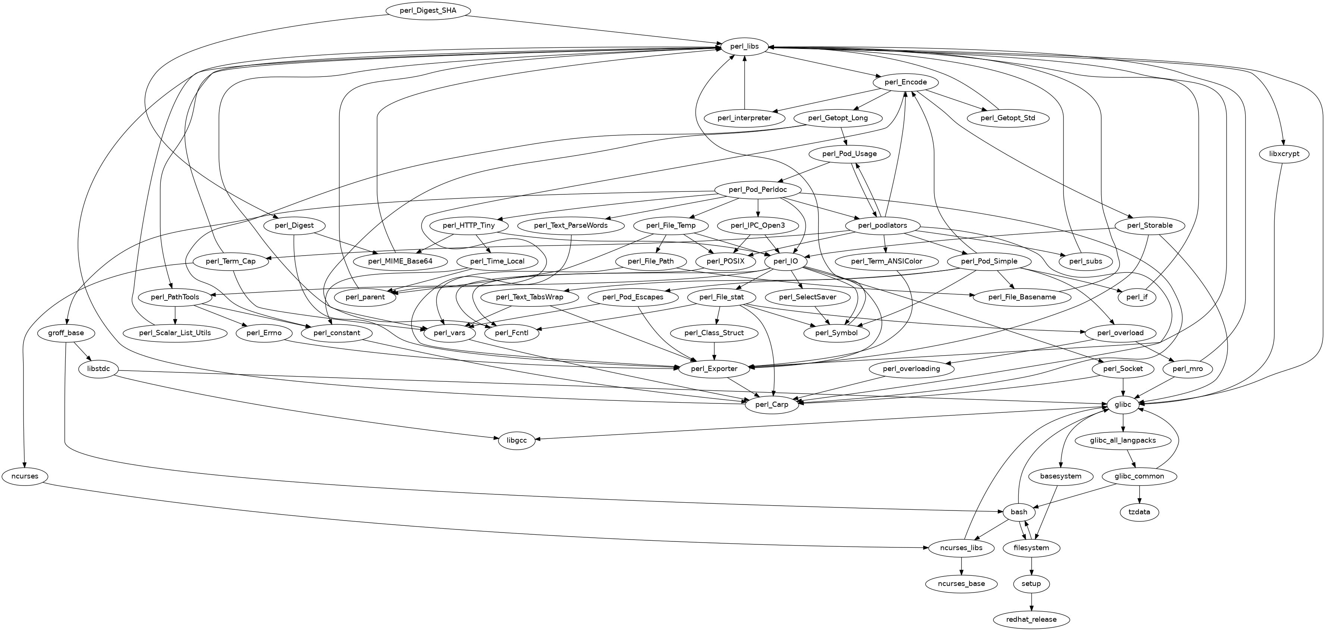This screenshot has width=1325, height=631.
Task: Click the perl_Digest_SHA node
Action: (x=427, y=11)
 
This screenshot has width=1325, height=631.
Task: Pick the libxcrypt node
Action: (x=1284, y=154)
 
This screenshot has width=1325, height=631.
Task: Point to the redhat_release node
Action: (x=1031, y=619)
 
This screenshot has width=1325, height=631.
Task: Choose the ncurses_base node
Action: (x=961, y=584)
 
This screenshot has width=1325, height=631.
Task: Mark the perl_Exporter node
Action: (x=714, y=369)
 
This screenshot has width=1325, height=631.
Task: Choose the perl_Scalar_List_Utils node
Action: (x=175, y=333)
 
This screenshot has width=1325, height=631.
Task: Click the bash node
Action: (x=1019, y=512)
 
